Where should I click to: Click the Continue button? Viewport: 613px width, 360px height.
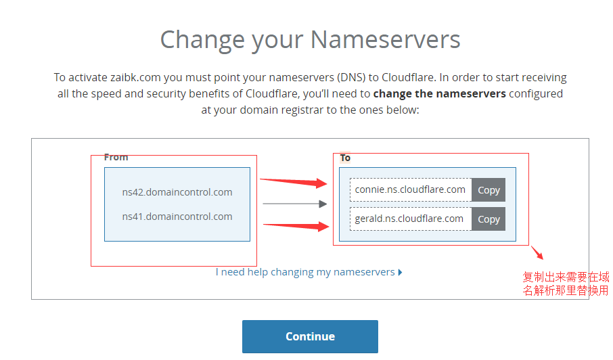(x=310, y=336)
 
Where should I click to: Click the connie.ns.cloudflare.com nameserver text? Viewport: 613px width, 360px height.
(x=410, y=189)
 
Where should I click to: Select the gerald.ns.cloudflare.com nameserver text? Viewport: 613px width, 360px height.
(x=409, y=219)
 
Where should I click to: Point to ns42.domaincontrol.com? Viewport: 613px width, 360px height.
(x=177, y=192)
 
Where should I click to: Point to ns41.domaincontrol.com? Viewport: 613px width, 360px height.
(x=177, y=217)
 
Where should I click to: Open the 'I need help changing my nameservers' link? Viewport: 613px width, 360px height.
(x=309, y=272)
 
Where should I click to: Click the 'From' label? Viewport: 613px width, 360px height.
(x=116, y=157)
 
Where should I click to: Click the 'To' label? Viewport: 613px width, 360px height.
(x=345, y=158)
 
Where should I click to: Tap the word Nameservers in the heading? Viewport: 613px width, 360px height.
(x=386, y=40)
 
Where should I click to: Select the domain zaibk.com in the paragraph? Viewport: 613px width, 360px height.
(x=135, y=77)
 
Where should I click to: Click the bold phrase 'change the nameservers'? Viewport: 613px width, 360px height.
(x=439, y=94)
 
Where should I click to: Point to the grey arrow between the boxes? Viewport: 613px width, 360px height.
(x=295, y=204)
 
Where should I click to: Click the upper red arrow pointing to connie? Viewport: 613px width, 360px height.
(x=294, y=182)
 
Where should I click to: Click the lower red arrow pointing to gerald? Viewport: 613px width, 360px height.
(x=296, y=225)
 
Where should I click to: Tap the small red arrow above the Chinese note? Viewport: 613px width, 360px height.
(x=537, y=252)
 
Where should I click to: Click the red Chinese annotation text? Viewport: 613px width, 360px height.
(x=566, y=284)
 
